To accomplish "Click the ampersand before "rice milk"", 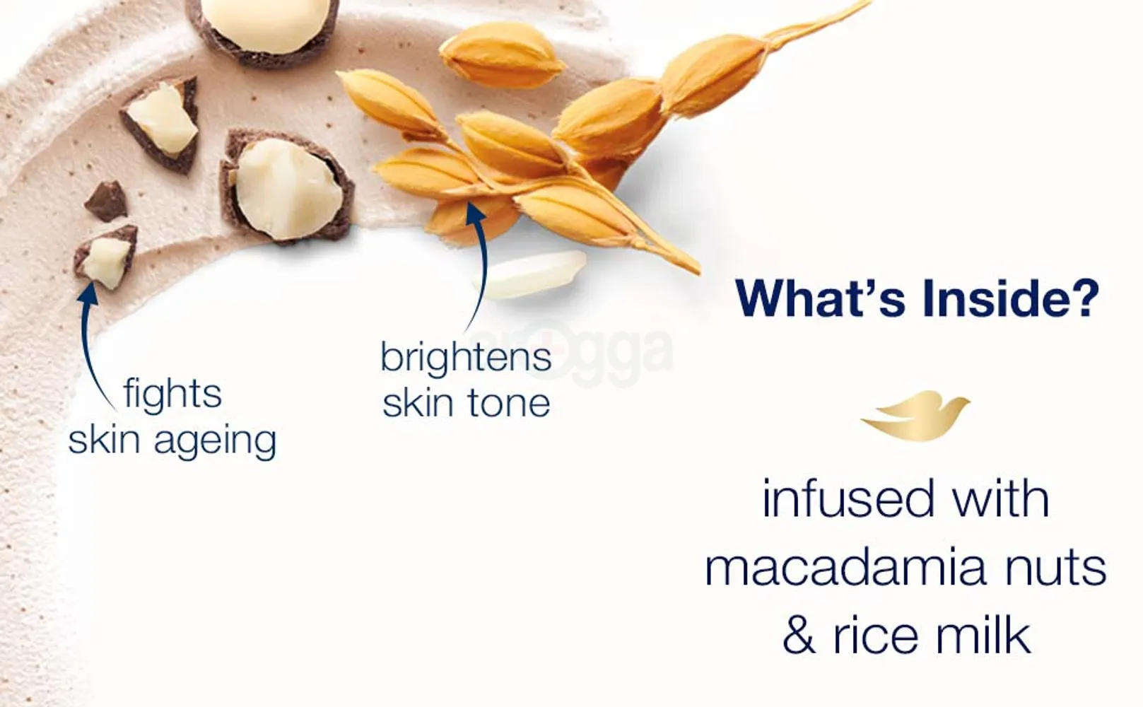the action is [799, 636].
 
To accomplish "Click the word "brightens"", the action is [467, 357].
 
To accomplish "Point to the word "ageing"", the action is [215, 441].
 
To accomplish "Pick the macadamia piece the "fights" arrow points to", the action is [106, 257].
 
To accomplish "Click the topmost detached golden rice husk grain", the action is [503, 55].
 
